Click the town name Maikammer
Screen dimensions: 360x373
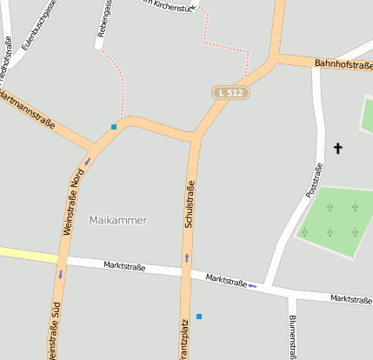118,220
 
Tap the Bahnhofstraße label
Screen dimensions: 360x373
343,64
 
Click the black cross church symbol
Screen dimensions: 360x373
337,149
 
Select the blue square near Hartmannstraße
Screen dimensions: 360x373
114,127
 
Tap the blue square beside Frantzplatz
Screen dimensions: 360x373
199,316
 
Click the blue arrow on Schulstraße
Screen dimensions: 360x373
186,257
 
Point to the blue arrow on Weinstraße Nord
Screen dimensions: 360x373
87,161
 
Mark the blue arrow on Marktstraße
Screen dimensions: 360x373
252,285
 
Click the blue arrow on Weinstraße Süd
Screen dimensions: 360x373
60,275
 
